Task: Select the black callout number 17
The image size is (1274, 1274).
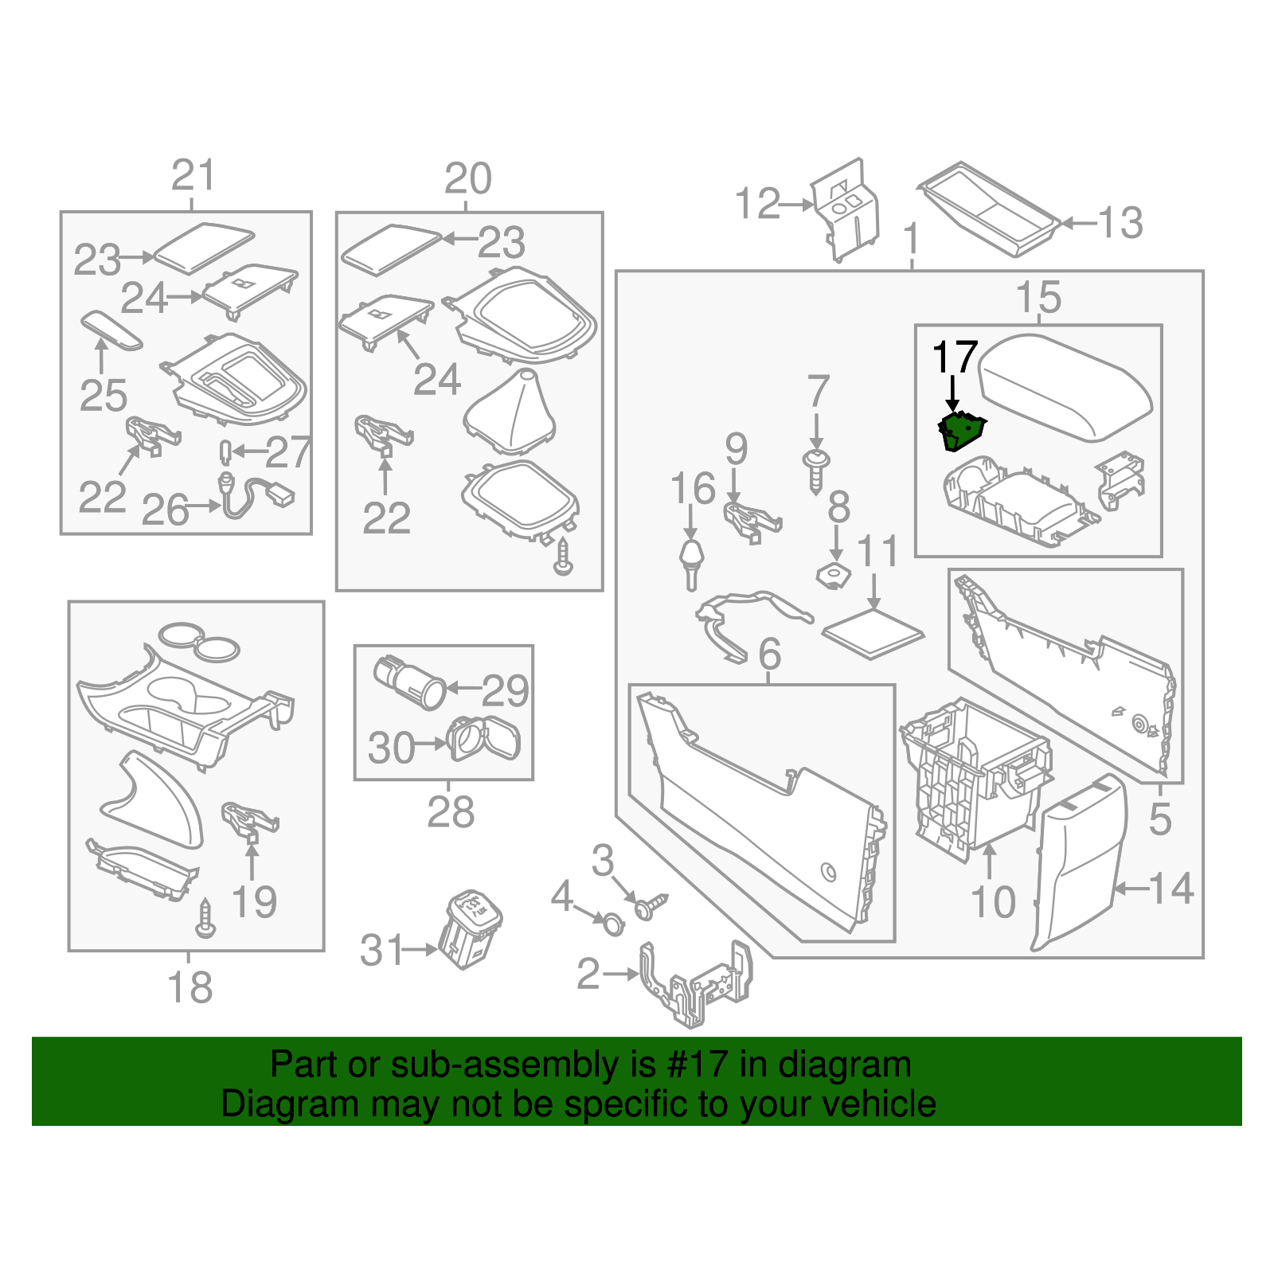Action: coord(954,358)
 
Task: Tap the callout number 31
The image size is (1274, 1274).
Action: coord(382,950)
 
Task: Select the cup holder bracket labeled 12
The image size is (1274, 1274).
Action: coord(846,211)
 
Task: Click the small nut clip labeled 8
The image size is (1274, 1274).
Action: coord(834,574)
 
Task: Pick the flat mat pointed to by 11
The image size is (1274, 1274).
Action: coord(873,635)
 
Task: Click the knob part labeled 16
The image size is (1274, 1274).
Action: coord(691,561)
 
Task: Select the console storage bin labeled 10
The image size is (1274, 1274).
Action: coord(978,772)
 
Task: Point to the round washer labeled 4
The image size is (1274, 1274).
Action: coord(614,924)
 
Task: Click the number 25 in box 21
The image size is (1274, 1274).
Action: coord(104,396)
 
